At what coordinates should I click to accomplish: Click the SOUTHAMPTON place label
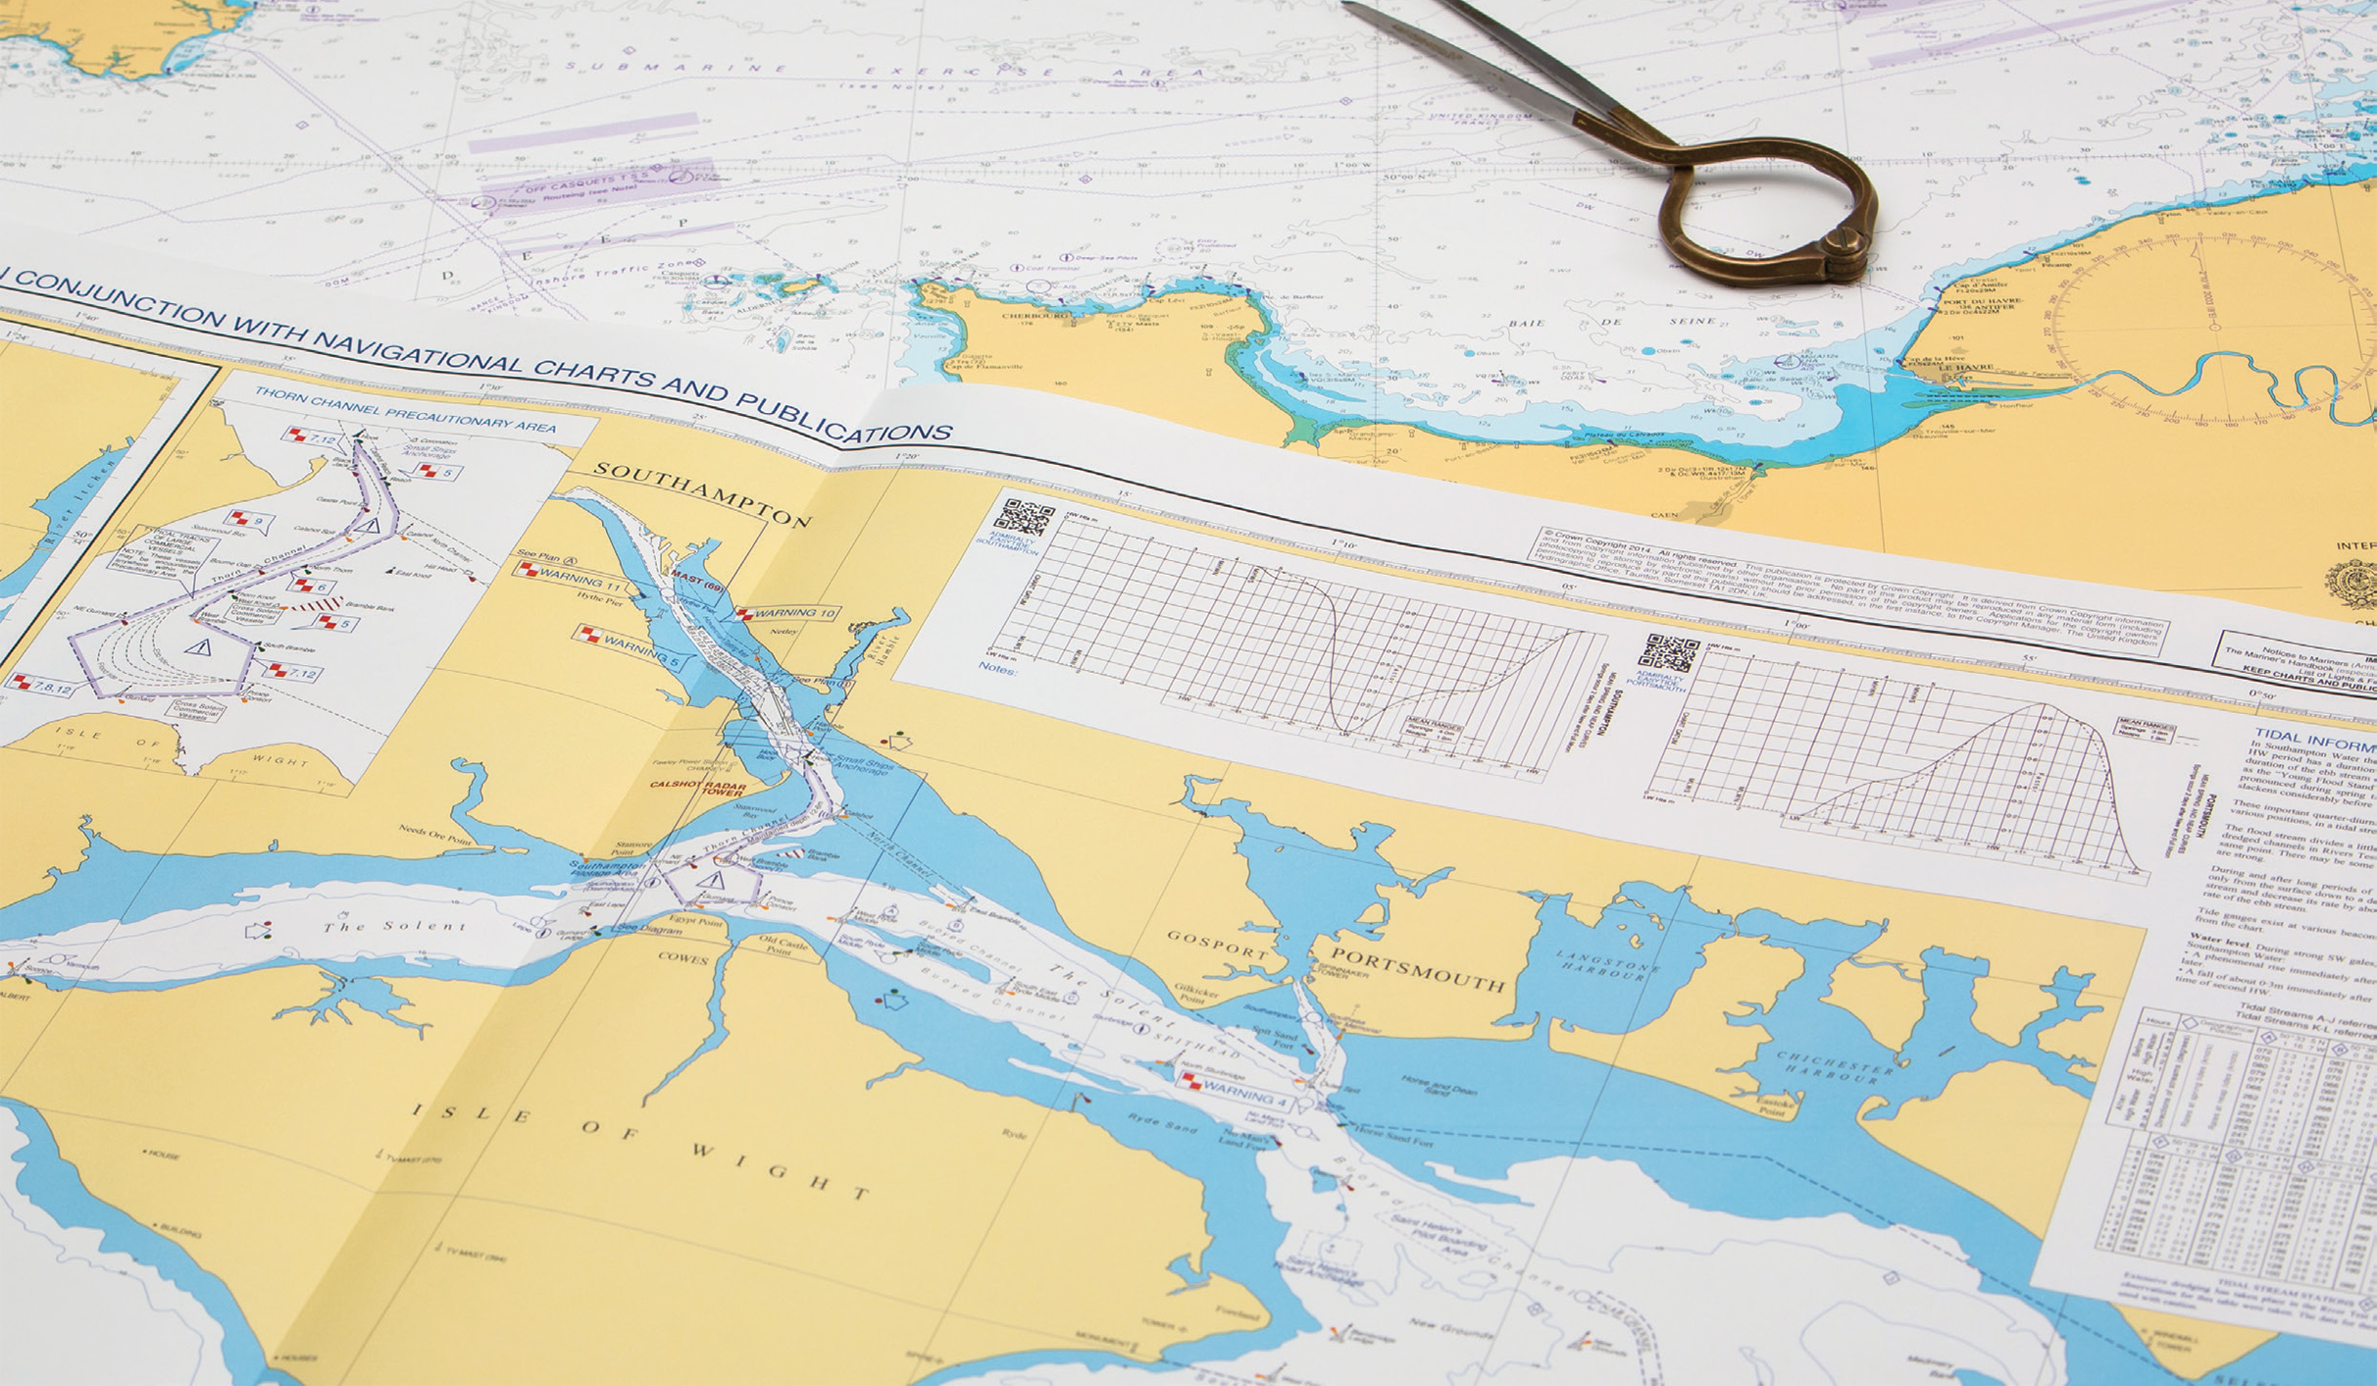702,493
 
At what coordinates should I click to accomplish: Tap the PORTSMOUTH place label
1417,969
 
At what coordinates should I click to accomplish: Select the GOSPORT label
1218,944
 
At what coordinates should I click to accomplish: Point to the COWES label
683,958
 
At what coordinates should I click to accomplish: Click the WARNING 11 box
569,577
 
